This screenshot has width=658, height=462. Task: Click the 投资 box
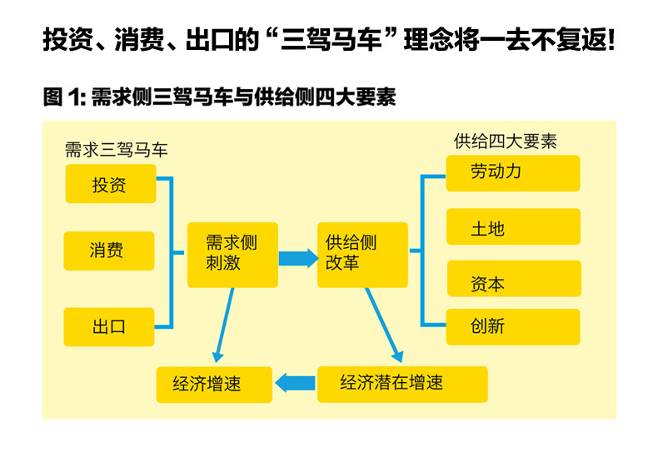(110, 184)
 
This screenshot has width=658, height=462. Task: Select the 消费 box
(108, 251)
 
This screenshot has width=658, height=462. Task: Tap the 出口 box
(108, 326)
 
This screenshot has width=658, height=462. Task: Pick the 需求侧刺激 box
(232, 255)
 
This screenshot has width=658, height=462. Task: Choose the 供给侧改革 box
(362, 255)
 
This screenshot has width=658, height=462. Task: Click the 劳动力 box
(512, 173)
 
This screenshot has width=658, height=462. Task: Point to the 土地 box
(512, 227)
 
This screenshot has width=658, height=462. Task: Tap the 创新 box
(512, 326)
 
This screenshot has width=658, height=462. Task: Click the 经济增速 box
(214, 384)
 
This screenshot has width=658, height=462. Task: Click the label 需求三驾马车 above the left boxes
(117, 150)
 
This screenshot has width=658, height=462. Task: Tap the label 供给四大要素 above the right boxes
(505, 141)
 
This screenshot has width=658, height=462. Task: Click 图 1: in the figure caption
(65, 98)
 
